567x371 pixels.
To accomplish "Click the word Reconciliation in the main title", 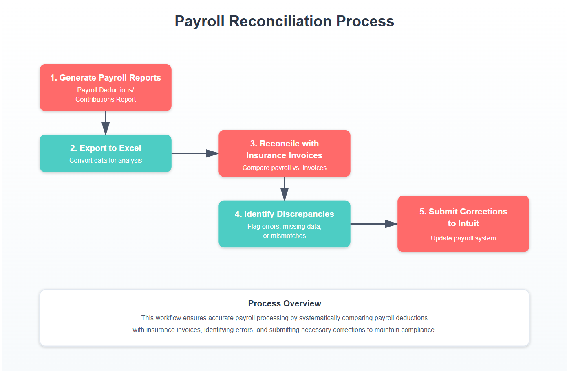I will (280, 21).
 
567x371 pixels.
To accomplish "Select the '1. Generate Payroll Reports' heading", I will (106, 78).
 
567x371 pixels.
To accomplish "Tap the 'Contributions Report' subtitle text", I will (106, 99).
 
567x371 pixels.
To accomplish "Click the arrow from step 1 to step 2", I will (106, 123).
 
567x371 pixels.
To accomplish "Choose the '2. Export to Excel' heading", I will (106, 148).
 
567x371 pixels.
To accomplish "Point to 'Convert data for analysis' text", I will (106, 160).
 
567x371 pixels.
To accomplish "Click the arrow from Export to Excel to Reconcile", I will (195, 153).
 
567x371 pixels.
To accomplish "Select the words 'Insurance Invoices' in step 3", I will (284, 155).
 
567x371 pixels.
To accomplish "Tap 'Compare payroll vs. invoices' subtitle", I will (284, 168).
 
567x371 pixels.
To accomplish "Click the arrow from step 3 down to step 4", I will (285, 189).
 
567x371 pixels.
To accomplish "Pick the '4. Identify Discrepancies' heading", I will (284, 214).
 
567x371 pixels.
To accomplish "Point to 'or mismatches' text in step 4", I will (284, 236).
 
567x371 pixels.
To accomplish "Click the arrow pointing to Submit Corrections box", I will (374, 224).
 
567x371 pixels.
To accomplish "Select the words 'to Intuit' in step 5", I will (463, 223).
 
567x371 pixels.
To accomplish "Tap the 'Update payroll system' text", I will (463, 238).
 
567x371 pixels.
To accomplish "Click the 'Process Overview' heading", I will (285, 303).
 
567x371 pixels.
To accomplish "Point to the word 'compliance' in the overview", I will (418, 330).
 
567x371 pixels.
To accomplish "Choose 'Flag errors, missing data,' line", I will (284, 226).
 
